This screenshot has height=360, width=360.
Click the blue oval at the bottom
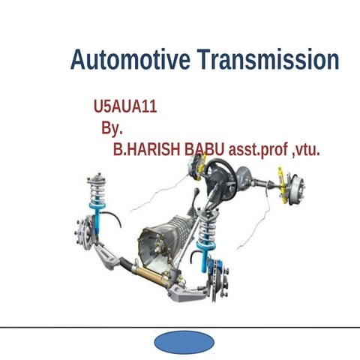184,342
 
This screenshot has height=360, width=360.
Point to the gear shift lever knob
196,194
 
